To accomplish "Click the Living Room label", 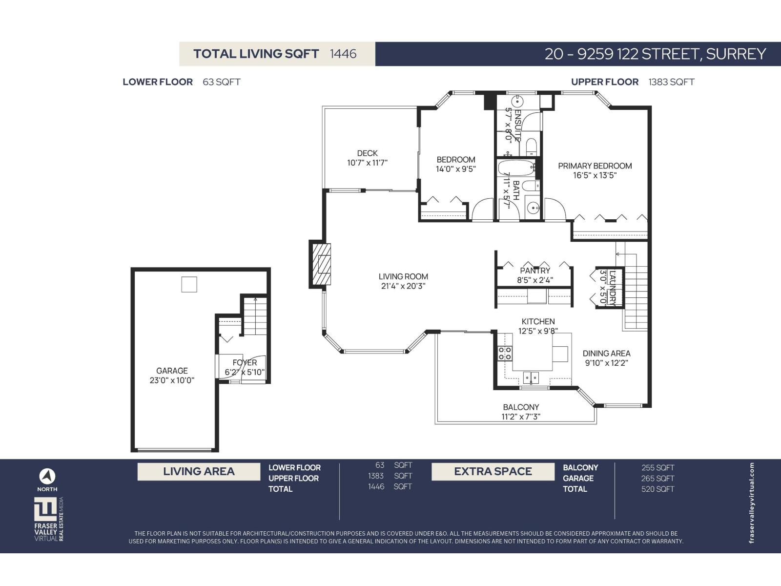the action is [403, 276].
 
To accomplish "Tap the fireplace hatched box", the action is [320, 264].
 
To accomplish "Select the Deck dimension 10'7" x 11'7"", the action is [367, 163].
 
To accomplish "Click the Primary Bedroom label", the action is [595, 166].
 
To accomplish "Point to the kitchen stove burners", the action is [505, 353].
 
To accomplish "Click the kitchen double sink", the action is [531, 377].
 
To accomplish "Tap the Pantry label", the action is [535, 271].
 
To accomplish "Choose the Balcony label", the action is [521, 407].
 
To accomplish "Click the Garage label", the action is [172, 371].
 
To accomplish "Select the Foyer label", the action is [245, 362].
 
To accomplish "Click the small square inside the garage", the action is [189, 284].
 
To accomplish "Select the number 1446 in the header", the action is [343, 54].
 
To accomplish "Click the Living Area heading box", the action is [199, 471].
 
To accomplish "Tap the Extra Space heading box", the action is [493, 471].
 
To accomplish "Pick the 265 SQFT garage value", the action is [658, 479].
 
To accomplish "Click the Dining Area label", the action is [606, 354].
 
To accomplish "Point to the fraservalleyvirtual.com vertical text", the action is [751, 503].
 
